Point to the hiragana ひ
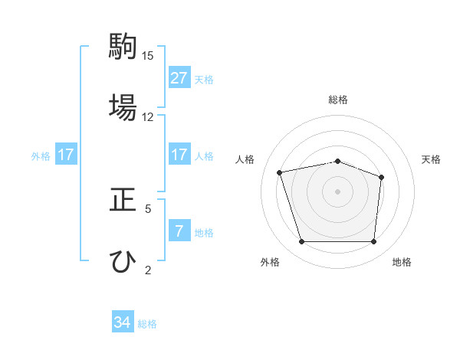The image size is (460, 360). pyautogui.click(x=123, y=260)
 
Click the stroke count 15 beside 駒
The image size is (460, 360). pyautogui.click(x=148, y=56)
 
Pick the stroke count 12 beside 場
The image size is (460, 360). pyautogui.click(x=148, y=116)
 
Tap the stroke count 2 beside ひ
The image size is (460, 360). pyautogui.click(x=148, y=270)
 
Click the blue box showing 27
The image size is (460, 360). pyautogui.click(x=179, y=78)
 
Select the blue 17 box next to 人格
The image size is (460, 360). pyautogui.click(x=179, y=155)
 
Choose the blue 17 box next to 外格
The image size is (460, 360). pyautogui.click(x=66, y=155)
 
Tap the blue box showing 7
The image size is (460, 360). pyautogui.click(x=179, y=231)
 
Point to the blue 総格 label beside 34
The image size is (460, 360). pyautogui.click(x=147, y=324)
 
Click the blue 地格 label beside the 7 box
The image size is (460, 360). pyautogui.click(x=204, y=232)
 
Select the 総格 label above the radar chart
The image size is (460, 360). pyautogui.click(x=338, y=100)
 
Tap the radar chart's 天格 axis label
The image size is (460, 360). pyautogui.click(x=431, y=159)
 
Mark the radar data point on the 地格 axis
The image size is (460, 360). pyautogui.click(x=373, y=242)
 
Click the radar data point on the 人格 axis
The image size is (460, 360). pyautogui.click(x=280, y=172)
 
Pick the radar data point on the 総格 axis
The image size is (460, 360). pyautogui.click(x=338, y=161)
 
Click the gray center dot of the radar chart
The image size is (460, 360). pyautogui.click(x=338, y=191)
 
